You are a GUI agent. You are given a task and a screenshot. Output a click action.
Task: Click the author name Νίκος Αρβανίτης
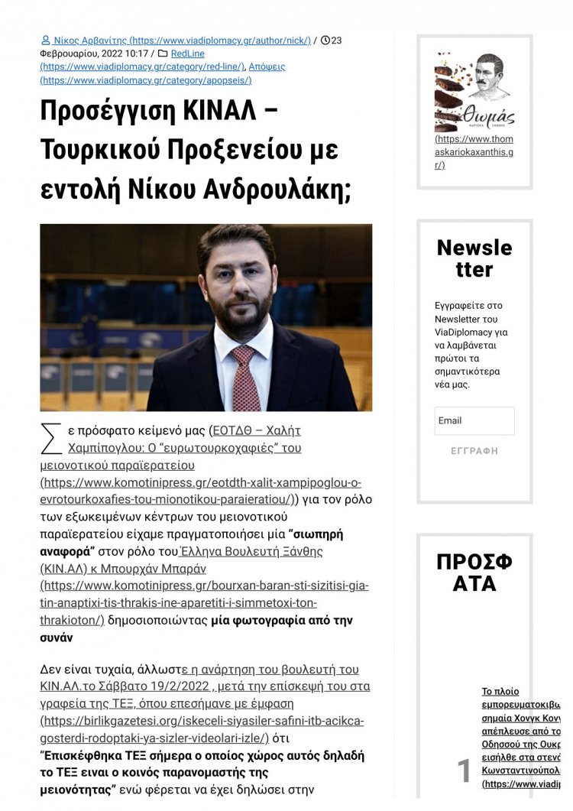(85, 41)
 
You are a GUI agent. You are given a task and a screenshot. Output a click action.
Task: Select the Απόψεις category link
(267, 67)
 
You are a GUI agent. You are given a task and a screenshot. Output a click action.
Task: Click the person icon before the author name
(46, 41)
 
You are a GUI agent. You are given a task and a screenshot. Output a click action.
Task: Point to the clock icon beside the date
(325, 41)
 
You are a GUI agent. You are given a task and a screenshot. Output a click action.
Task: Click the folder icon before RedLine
(162, 54)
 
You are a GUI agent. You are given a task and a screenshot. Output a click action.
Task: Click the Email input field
(474, 420)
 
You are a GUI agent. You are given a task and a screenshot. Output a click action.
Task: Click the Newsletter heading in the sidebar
(474, 258)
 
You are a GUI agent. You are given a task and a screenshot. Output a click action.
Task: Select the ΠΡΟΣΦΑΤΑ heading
(474, 573)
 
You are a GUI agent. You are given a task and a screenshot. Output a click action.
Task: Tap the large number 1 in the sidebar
(464, 771)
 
